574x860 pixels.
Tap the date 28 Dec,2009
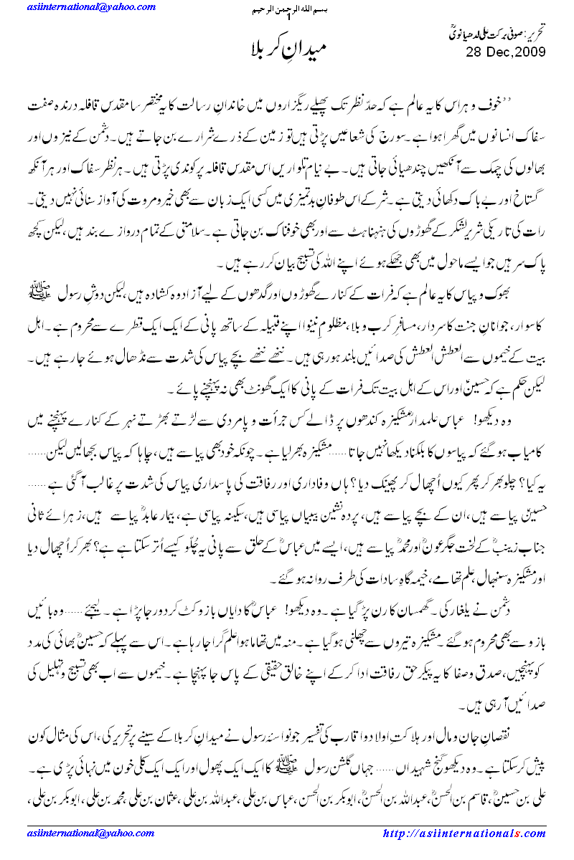click(505, 52)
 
